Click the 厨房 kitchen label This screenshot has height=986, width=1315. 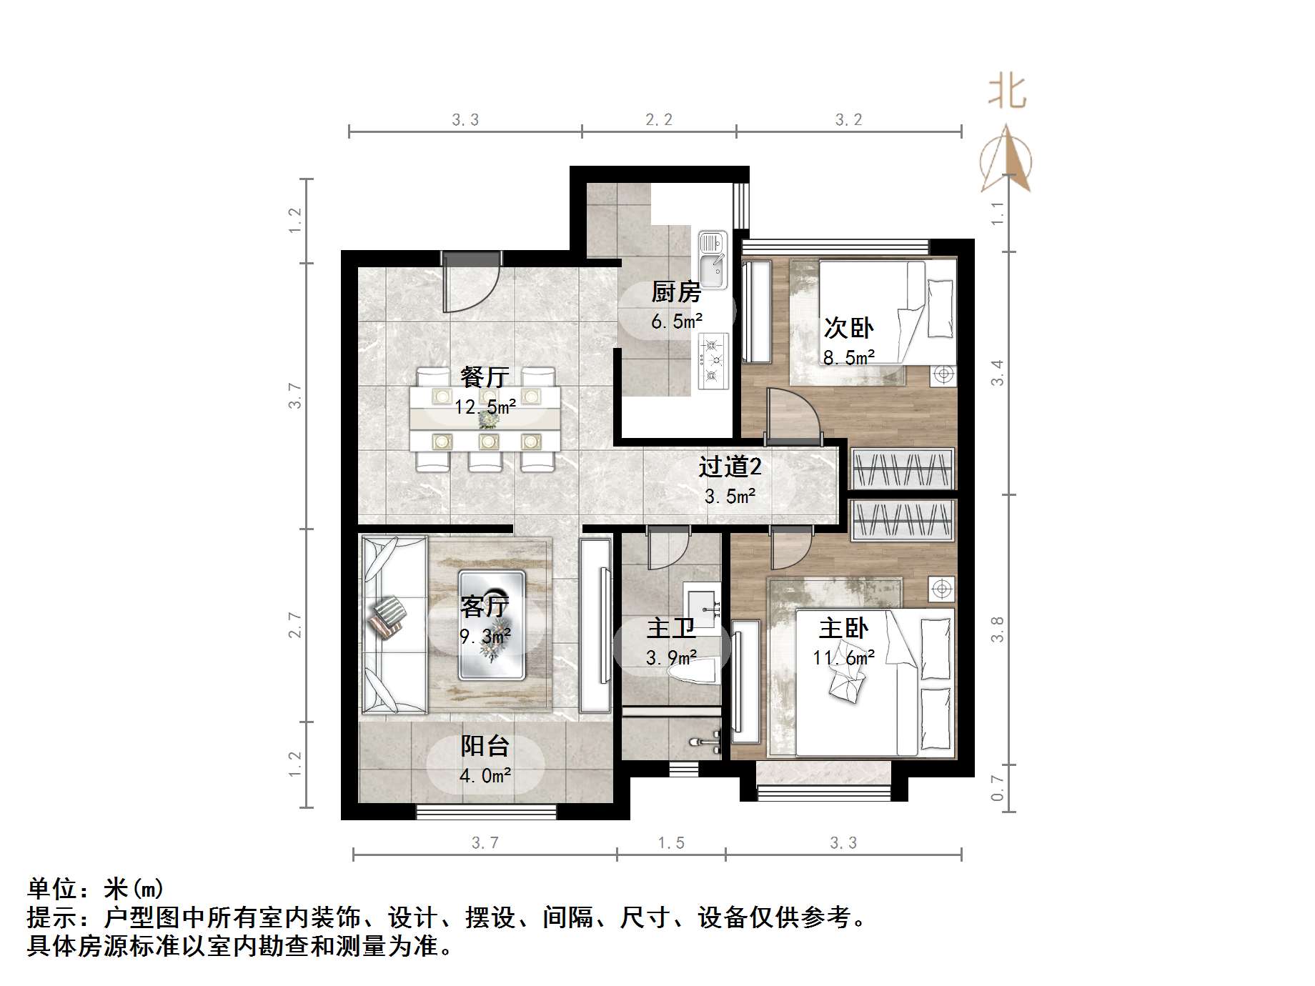pos(675,292)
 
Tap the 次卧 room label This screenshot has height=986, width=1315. pos(848,328)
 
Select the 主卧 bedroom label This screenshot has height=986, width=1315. pos(843,629)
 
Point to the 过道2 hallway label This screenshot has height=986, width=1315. pos(730,467)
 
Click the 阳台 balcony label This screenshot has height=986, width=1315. pos(485,746)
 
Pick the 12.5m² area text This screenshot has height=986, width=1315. pos(485,407)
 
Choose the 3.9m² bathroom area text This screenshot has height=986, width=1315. pos(671,657)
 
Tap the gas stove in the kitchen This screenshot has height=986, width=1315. pos(713,362)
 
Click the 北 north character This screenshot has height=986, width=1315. pos(1007,92)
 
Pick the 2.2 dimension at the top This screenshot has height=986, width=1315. pos(658,120)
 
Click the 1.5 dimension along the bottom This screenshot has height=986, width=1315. pos(671,843)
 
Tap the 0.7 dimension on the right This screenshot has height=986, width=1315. pos(998,788)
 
